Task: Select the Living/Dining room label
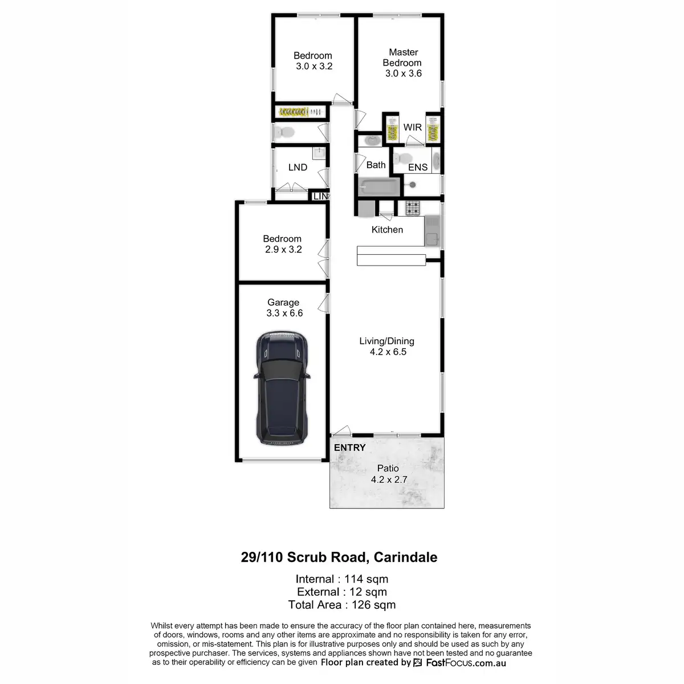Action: [x=386, y=341]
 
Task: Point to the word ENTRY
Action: [x=349, y=448]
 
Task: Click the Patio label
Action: [x=388, y=469]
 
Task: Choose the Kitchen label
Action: [x=387, y=230]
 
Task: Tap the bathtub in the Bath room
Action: [x=378, y=186]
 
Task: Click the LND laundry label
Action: [x=298, y=168]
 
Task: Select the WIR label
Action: [x=413, y=127]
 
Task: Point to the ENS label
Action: [x=418, y=167]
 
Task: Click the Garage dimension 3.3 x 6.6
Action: [x=284, y=313]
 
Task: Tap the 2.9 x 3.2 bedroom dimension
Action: [x=283, y=250]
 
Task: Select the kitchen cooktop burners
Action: [x=412, y=208]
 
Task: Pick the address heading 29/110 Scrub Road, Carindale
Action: [x=339, y=557]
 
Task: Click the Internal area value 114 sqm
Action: [x=366, y=579]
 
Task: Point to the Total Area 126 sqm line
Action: [x=342, y=605]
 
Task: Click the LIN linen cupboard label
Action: [x=320, y=196]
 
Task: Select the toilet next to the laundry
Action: [x=284, y=133]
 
